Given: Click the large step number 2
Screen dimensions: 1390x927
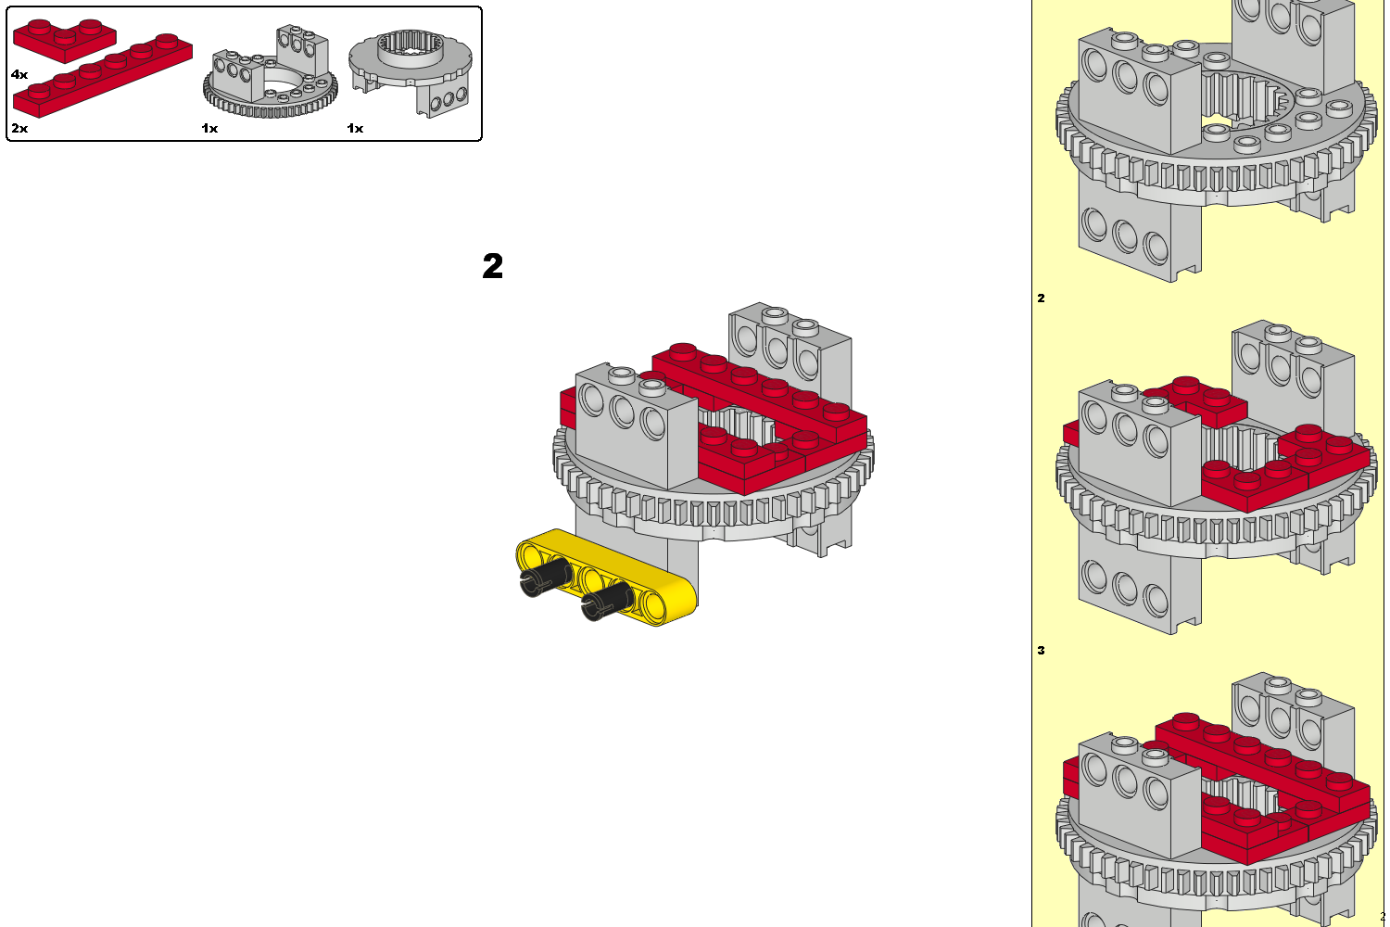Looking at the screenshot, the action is tap(493, 266).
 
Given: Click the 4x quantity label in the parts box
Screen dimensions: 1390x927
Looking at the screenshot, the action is tap(19, 74).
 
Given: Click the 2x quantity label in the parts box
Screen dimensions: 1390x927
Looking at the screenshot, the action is tap(19, 128).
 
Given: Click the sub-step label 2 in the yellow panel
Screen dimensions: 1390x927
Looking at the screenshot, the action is tap(1042, 298).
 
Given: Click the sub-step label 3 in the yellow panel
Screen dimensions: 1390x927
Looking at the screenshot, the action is tap(1042, 650).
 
